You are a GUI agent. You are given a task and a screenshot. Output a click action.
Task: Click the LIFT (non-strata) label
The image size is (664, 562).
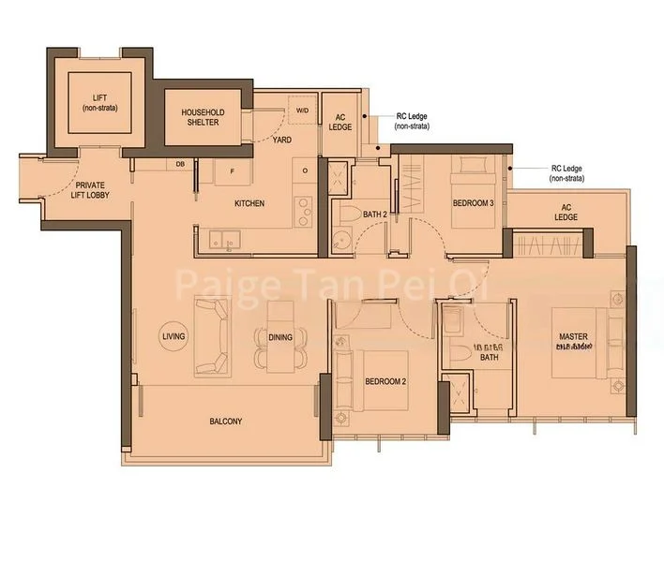(x=99, y=102)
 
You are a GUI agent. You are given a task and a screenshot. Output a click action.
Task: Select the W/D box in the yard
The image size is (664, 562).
(x=302, y=110)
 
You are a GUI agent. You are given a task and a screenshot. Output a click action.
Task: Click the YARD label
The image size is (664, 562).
(x=280, y=140)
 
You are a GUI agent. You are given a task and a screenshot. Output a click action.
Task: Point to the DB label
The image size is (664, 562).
(x=179, y=165)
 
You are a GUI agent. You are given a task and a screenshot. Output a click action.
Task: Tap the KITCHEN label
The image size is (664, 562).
(x=249, y=203)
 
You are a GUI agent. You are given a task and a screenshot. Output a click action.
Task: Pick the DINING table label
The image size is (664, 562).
(x=279, y=337)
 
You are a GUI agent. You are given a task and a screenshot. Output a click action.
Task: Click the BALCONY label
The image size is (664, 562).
(x=225, y=421)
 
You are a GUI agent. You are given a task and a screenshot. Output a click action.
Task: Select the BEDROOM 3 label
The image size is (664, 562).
(x=473, y=203)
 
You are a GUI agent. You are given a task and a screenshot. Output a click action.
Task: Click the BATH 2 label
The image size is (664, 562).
(x=375, y=214)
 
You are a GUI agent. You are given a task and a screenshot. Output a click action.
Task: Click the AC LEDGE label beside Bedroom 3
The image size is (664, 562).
(x=566, y=212)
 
